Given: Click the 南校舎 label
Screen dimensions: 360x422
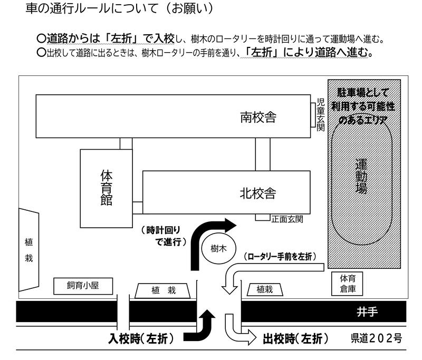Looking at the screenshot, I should (x=258, y=116).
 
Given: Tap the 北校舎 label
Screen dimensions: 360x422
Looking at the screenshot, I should (x=258, y=192).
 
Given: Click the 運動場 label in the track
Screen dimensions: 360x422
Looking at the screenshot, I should (x=361, y=176).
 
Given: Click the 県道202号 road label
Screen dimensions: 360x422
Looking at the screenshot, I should (x=376, y=338).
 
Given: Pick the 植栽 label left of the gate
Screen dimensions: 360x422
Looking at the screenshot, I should (x=162, y=289).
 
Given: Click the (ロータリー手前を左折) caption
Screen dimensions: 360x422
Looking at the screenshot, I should (x=280, y=257).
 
